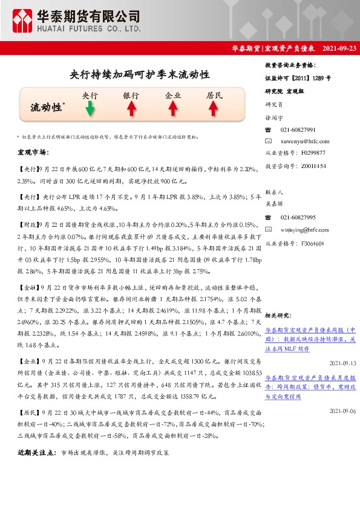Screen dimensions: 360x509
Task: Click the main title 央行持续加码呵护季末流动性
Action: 140,75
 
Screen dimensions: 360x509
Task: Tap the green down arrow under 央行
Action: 90,108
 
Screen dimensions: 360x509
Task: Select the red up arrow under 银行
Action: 131,108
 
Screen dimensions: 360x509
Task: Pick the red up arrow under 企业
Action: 172,108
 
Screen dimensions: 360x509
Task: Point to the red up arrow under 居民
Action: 214,108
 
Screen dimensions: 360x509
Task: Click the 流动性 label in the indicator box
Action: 47,107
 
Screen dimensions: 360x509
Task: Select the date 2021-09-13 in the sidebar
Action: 342,363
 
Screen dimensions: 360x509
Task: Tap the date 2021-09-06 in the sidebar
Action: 342,411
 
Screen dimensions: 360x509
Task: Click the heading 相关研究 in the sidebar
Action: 279,315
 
